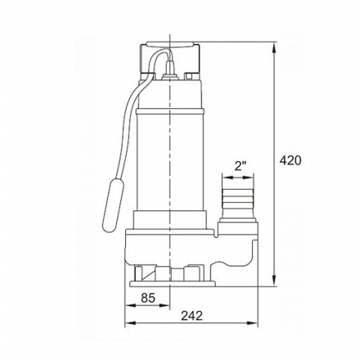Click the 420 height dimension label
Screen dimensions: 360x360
click(290, 160)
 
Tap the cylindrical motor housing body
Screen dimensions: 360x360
click(168, 155)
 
